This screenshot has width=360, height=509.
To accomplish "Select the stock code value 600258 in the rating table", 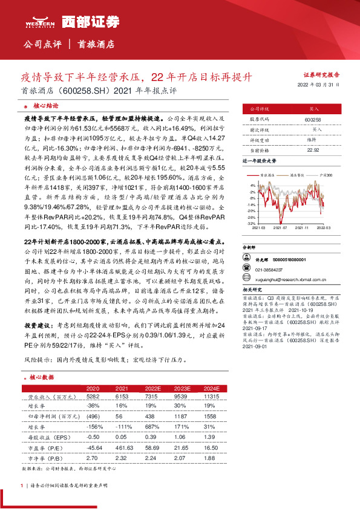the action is (x=312, y=120).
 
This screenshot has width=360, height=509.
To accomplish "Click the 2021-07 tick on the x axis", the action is (x=280, y=229).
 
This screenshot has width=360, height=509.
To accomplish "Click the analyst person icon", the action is (x=246, y=257).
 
